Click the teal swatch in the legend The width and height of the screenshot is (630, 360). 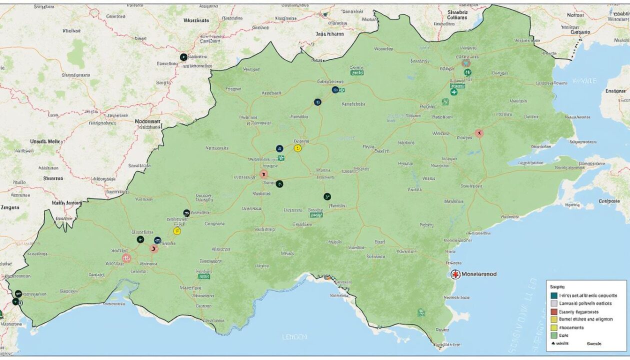553,295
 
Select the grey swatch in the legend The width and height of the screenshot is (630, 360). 553,303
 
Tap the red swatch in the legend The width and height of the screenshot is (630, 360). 553,311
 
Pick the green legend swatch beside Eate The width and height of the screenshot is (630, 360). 553,335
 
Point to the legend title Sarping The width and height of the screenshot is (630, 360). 557,287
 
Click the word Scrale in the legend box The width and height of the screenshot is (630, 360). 594,344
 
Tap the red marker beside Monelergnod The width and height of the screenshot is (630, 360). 455,274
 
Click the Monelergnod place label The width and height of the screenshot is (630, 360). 479,274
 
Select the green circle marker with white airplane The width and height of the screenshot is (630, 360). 453,92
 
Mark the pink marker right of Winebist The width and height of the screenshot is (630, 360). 479,133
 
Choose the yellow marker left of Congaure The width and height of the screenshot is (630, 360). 177,231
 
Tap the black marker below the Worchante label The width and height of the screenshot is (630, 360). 183,57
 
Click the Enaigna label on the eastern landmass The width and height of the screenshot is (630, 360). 615,91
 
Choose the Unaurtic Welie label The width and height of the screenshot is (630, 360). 46,141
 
